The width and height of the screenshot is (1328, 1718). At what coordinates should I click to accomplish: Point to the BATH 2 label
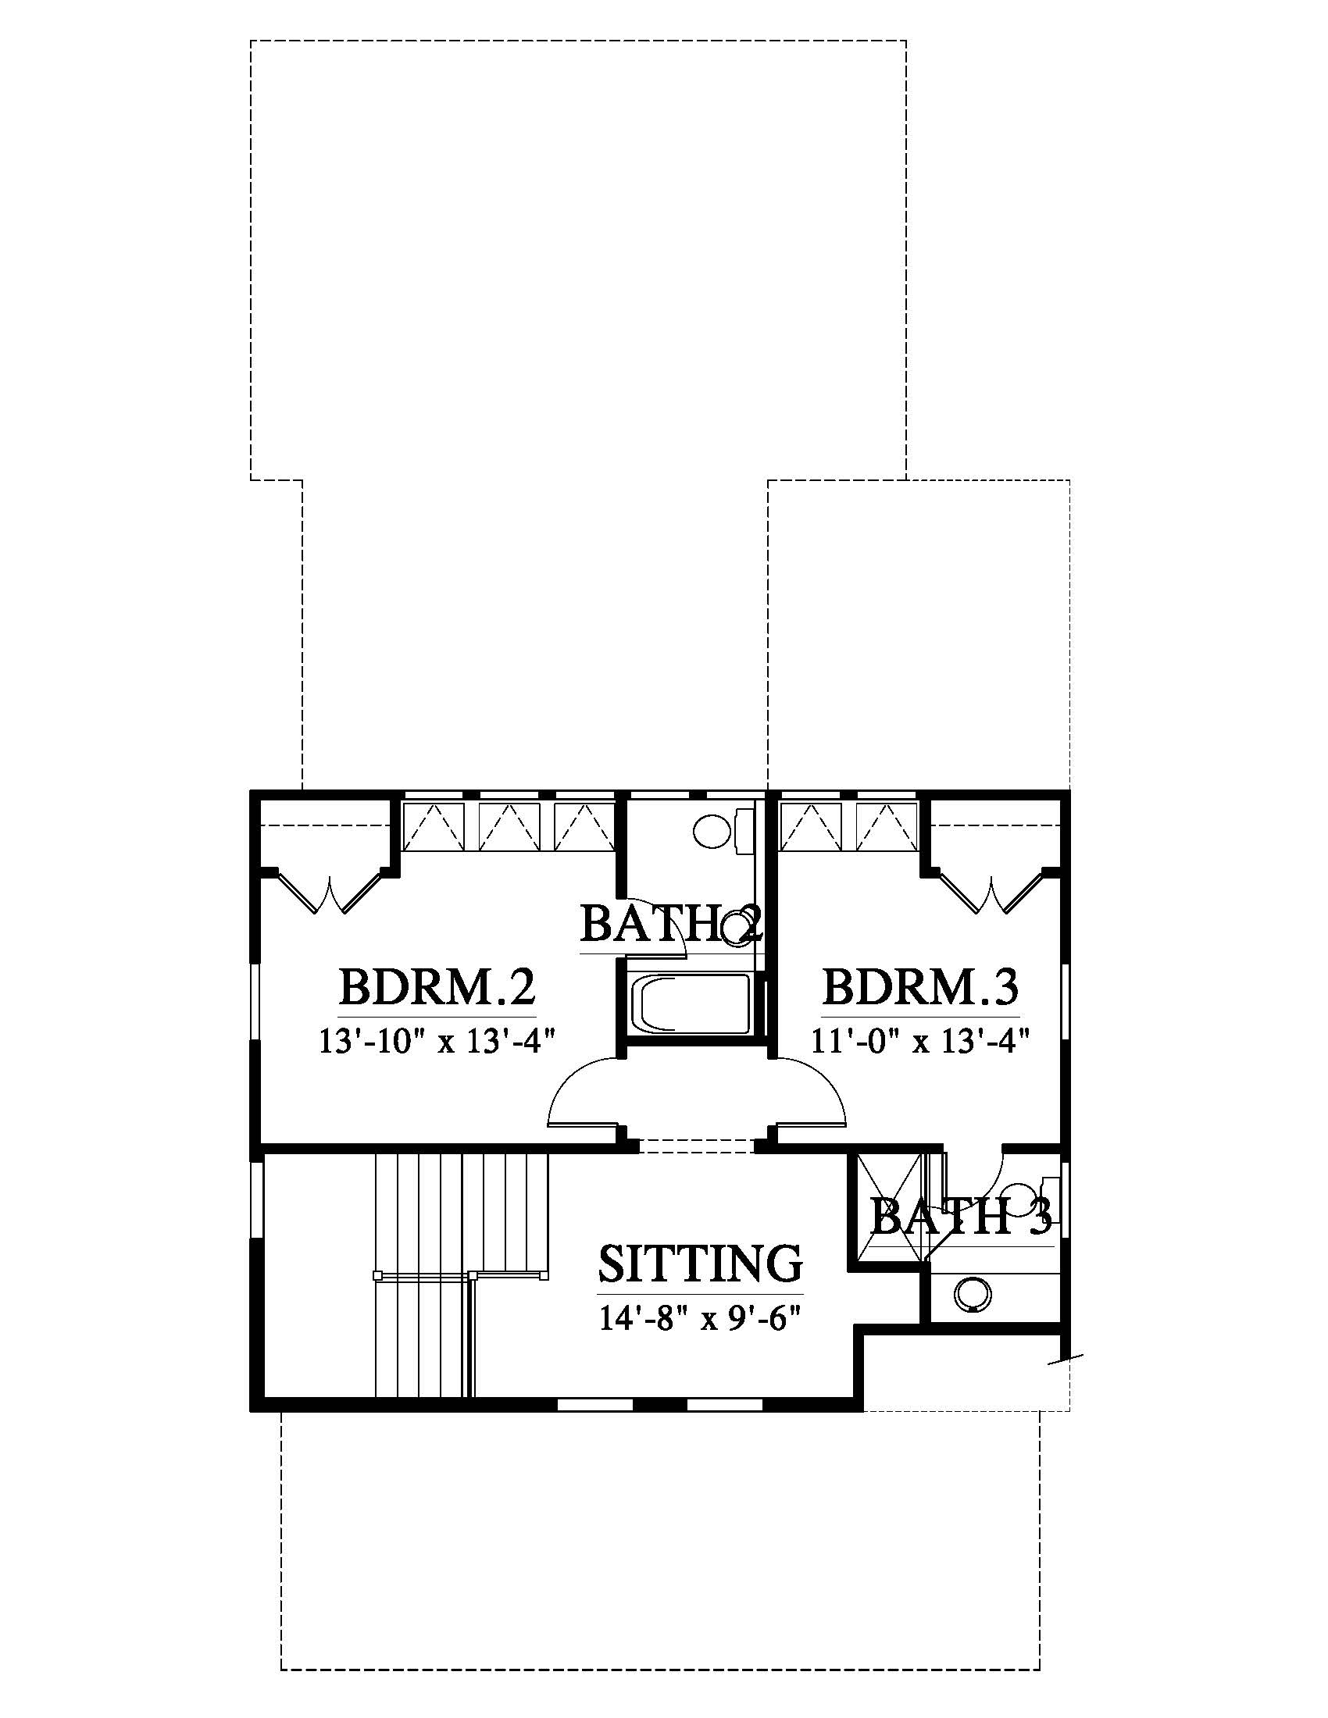[x=671, y=924]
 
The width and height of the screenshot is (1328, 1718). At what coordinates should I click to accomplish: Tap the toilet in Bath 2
[x=720, y=832]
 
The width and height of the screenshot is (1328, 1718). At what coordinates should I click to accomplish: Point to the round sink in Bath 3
[x=973, y=1293]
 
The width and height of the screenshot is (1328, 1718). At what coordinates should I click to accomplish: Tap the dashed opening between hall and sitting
[x=696, y=1146]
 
